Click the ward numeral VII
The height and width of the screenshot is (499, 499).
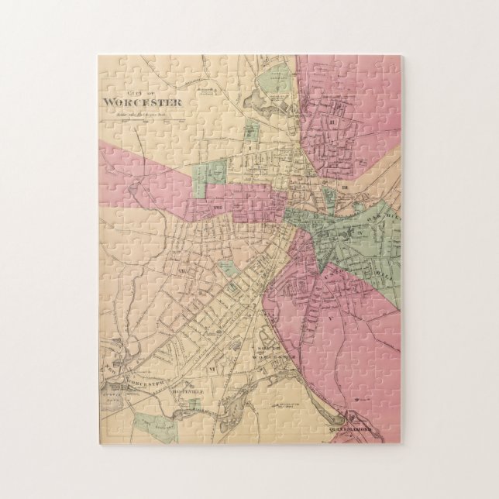(x=183, y=270)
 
